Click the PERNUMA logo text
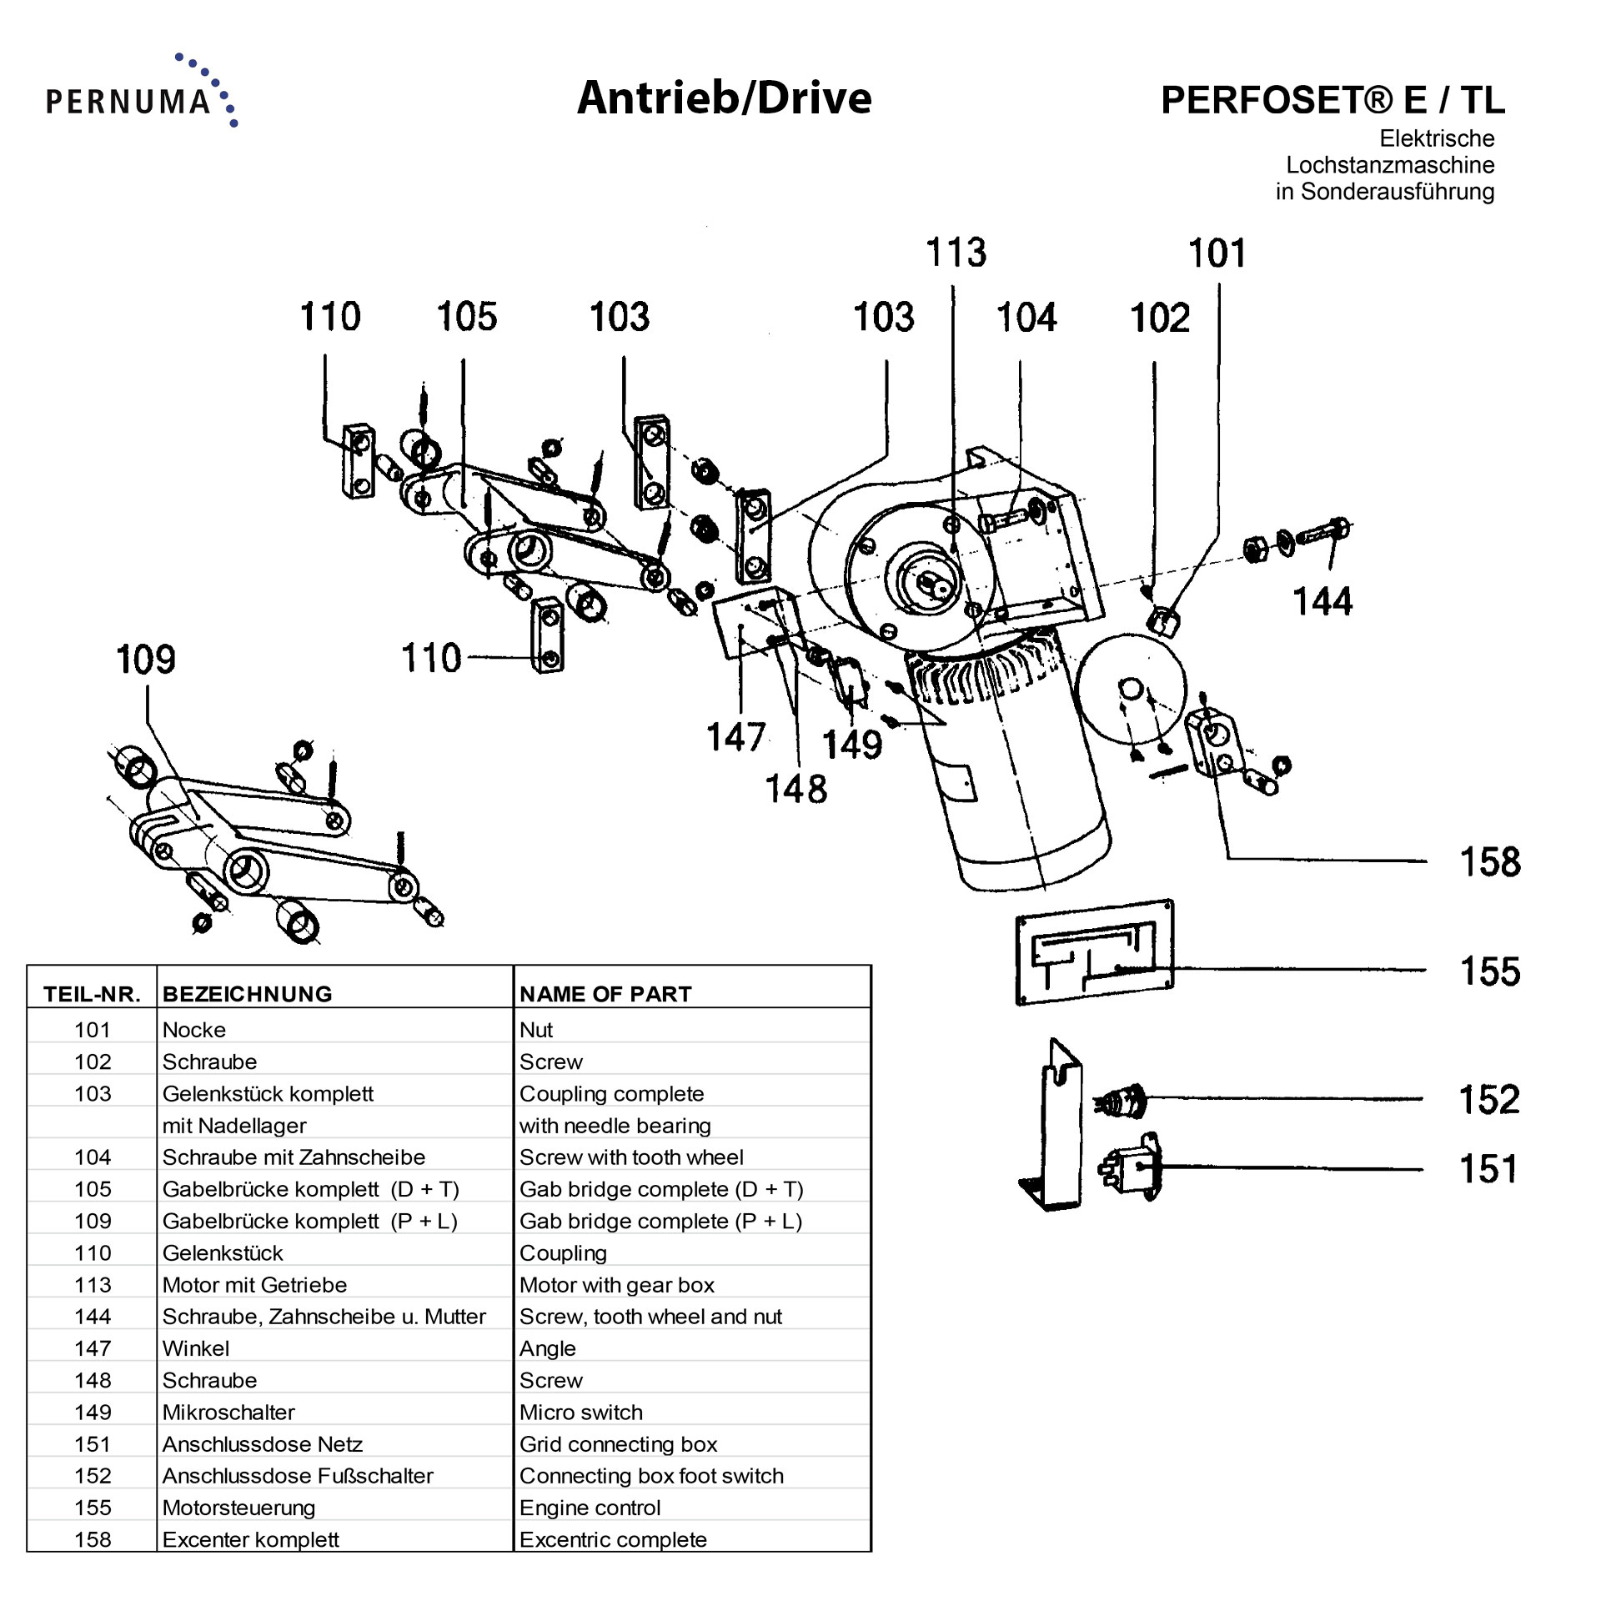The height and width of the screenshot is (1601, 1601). (128, 101)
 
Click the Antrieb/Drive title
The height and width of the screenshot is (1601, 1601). (724, 98)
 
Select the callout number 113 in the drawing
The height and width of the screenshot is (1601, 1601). (956, 253)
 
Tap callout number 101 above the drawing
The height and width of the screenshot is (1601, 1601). (1217, 253)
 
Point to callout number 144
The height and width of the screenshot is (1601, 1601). (1322, 601)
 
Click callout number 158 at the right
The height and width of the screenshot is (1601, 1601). (1489, 862)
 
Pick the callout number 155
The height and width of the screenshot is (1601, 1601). (1489, 971)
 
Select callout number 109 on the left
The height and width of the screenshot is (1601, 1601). (146, 660)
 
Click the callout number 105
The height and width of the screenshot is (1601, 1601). (466, 317)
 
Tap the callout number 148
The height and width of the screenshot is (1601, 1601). (795, 789)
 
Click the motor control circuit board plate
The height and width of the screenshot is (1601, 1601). (1094, 951)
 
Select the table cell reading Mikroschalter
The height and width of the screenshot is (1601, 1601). (228, 1412)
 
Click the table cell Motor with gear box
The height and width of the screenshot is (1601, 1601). (616, 1285)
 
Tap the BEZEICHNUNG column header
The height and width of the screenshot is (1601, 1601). (247, 994)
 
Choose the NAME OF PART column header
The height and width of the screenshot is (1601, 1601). (605, 994)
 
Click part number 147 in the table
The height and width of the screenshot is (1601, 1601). (93, 1348)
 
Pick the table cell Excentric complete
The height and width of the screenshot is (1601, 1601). (613, 1539)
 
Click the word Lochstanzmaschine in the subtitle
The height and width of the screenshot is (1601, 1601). (1389, 165)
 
